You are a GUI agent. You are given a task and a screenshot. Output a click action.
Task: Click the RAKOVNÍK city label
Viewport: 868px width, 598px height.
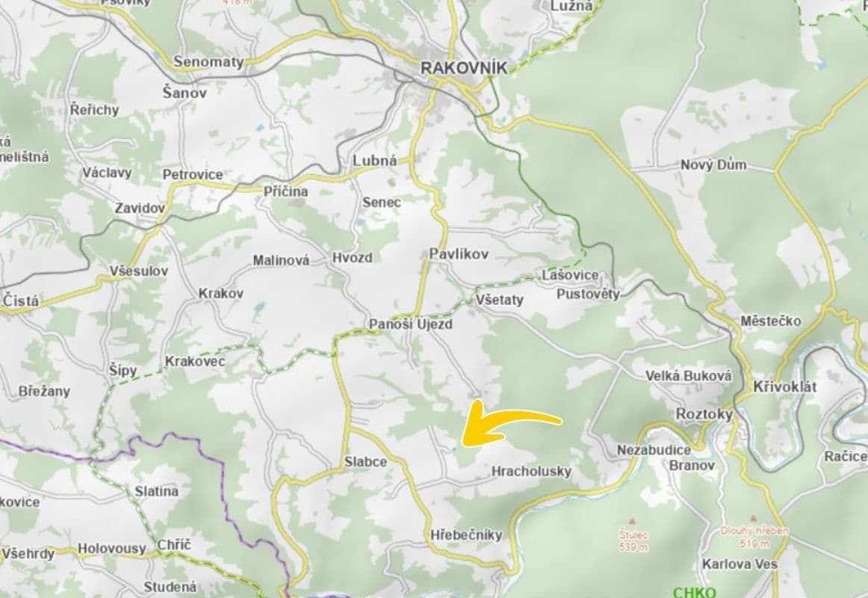[x=464, y=67]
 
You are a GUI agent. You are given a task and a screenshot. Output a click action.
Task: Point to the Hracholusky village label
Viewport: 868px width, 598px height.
[x=531, y=471]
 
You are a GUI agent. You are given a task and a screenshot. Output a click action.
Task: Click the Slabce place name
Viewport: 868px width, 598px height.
[x=365, y=461]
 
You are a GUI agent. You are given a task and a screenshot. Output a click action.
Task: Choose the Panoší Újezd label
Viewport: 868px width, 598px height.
[x=410, y=324]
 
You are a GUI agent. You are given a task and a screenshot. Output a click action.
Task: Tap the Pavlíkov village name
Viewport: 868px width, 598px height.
[x=459, y=254]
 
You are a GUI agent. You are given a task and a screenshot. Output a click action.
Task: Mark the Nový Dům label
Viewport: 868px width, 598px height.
[x=713, y=164]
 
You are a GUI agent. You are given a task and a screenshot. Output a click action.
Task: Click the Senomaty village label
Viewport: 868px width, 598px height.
[x=208, y=61]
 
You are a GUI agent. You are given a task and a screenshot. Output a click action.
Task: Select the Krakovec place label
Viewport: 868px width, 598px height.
[x=194, y=361]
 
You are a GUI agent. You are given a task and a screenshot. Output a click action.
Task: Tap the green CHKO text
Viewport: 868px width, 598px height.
[x=694, y=592]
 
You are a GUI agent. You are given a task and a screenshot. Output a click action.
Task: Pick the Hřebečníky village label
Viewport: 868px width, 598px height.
[x=466, y=535]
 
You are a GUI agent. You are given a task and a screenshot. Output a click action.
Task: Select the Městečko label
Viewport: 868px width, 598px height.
[x=771, y=321]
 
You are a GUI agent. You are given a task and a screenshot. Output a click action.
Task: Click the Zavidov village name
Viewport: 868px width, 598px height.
[x=139, y=208]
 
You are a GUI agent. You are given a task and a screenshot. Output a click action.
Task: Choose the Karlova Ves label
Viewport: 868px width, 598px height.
[x=740, y=564]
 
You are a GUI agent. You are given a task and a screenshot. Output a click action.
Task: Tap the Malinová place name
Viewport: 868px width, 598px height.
[x=281, y=261]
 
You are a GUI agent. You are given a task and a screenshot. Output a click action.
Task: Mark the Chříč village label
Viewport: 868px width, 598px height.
[x=174, y=545]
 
